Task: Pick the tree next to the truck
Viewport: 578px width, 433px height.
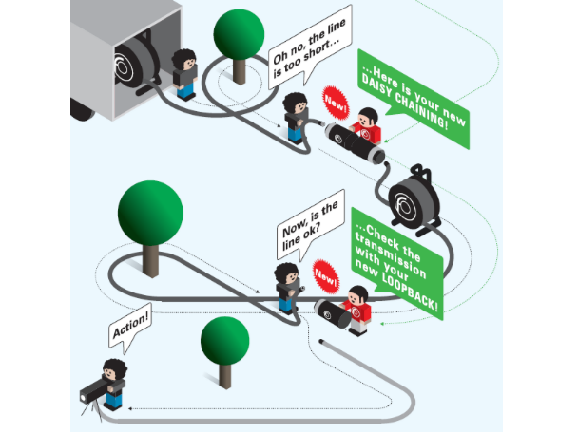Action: [238, 38]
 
